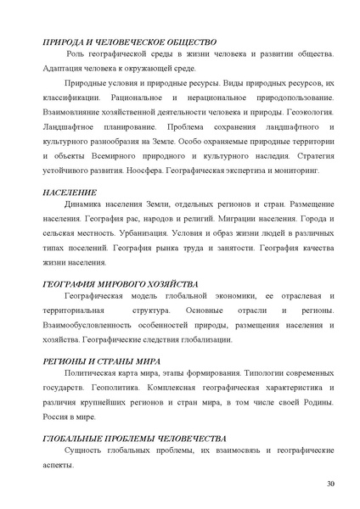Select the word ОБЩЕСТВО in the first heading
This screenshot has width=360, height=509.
188,42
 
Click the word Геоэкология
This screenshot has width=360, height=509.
307,112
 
